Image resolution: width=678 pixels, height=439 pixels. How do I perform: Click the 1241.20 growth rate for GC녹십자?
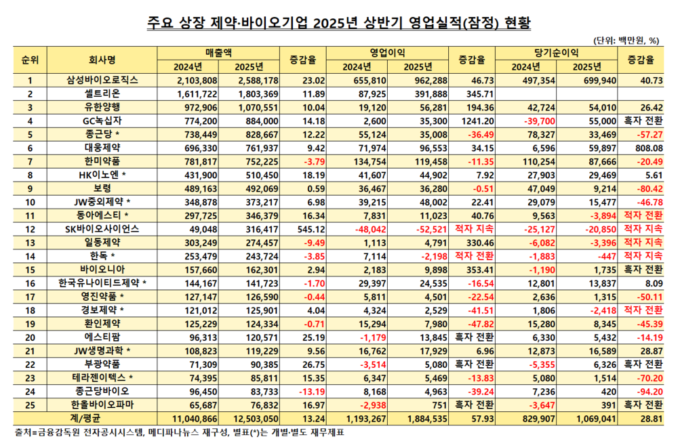pyautogui.click(x=479, y=121)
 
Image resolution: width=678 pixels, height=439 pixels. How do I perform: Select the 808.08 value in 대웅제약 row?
pyautogui.click(x=647, y=148)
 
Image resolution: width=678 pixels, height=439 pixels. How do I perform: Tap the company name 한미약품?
pyautogui.click(x=102, y=161)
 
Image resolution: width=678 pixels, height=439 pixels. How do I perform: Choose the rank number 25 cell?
pyautogui.click(x=30, y=405)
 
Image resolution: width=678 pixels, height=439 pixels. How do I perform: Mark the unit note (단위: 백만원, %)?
pyautogui.click(x=629, y=39)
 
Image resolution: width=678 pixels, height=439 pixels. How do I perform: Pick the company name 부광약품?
pyautogui.click(x=102, y=364)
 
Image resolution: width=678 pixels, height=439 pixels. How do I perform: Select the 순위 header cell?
pyautogui.click(x=30, y=60)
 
